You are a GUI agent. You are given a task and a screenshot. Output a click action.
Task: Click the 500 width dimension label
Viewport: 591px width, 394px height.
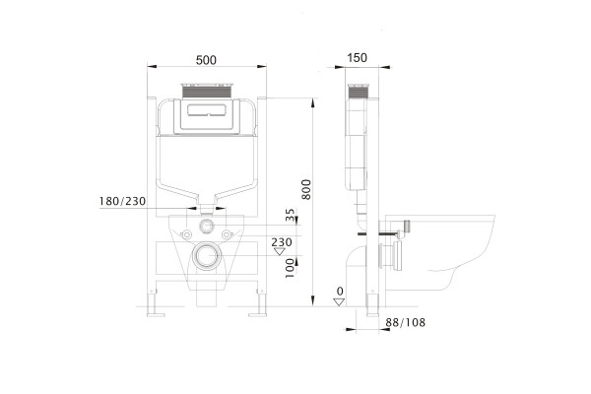[x=206, y=60]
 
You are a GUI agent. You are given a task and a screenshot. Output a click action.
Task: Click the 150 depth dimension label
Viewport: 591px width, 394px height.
[x=357, y=58]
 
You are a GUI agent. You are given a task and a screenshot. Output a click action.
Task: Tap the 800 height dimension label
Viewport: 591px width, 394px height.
[x=306, y=189]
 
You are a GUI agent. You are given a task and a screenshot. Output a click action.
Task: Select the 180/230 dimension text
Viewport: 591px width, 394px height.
[x=122, y=201]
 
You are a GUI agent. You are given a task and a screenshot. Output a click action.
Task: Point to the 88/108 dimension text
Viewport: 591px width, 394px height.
[x=405, y=322]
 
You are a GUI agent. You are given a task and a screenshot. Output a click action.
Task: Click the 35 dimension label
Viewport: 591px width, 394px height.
[x=290, y=215]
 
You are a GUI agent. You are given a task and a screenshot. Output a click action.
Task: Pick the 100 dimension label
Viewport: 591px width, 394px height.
[x=290, y=268]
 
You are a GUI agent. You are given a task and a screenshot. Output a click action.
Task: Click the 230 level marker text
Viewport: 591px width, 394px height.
[x=282, y=241]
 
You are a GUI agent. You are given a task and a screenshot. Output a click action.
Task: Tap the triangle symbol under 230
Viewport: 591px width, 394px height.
[x=280, y=251]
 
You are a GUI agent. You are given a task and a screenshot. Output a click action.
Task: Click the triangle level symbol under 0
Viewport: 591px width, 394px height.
[x=339, y=301]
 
